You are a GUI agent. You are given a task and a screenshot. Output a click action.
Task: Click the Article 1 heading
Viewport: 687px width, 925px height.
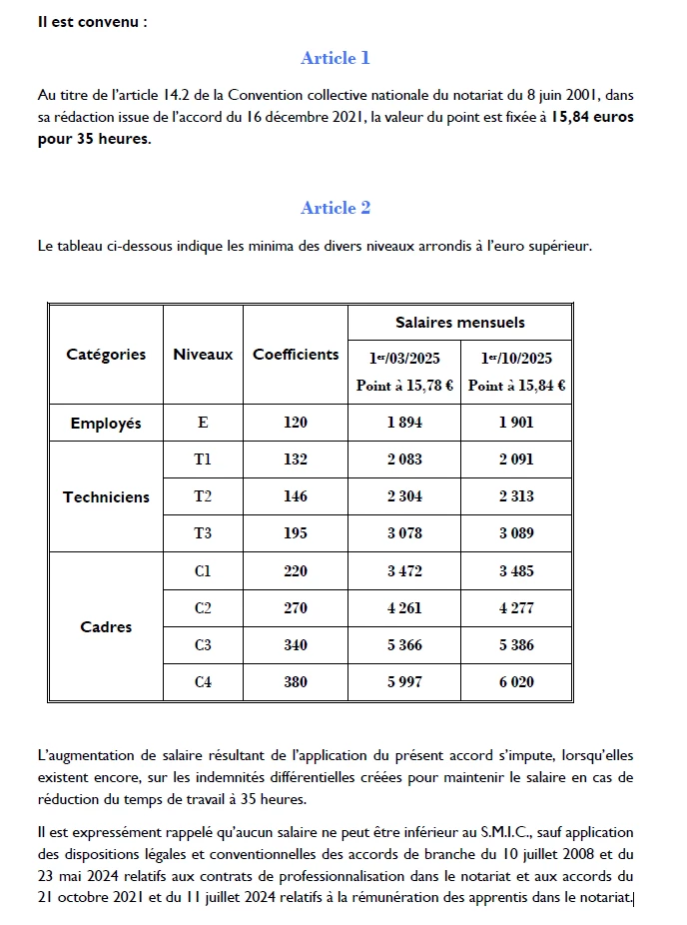[x=336, y=58]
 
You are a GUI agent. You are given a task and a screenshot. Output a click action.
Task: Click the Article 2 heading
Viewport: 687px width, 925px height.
[x=336, y=208]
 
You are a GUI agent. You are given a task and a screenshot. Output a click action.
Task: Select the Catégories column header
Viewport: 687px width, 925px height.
[x=106, y=355]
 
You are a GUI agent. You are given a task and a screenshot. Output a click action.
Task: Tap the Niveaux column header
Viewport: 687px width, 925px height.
[x=203, y=355]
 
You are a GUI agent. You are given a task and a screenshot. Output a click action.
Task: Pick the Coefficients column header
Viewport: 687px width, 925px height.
[x=296, y=355]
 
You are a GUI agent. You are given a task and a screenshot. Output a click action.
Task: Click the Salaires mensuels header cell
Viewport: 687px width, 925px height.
[x=460, y=323]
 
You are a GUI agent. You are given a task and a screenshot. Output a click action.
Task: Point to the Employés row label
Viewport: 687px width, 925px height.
[x=106, y=424]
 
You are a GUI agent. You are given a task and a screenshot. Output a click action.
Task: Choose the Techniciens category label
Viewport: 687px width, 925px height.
[x=106, y=497]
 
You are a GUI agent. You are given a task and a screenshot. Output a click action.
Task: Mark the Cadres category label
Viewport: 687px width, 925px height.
[x=106, y=627]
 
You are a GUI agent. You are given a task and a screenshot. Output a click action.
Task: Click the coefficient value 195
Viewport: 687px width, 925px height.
[x=296, y=533]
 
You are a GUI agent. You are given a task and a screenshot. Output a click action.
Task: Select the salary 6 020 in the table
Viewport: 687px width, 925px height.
[x=516, y=682]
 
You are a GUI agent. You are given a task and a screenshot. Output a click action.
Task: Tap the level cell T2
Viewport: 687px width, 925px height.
[x=203, y=496]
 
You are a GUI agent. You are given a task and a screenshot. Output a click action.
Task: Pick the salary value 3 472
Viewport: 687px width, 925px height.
[x=404, y=571]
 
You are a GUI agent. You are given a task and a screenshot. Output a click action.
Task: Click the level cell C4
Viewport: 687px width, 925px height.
[x=203, y=682]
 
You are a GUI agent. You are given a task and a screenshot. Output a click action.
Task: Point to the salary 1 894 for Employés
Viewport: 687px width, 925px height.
[x=404, y=423]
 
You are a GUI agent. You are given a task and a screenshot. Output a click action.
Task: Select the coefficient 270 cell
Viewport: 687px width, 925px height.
[x=296, y=608]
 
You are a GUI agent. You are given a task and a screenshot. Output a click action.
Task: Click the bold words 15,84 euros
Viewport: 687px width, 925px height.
[x=592, y=117]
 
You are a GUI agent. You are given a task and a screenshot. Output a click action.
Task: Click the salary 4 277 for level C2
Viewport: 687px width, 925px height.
[x=516, y=608]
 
